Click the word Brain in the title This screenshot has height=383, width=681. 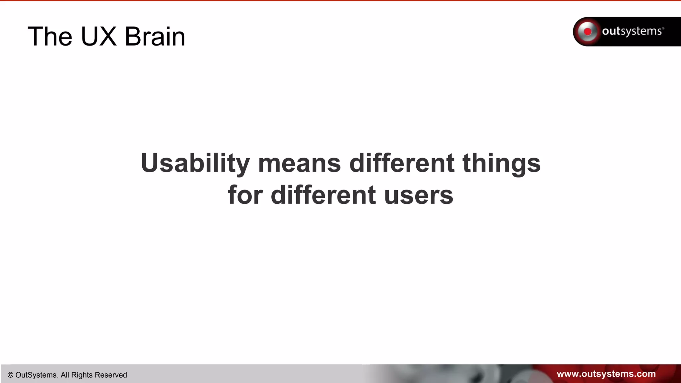click(x=155, y=37)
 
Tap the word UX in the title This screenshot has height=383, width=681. click(x=99, y=37)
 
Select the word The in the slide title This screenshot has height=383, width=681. click(x=50, y=37)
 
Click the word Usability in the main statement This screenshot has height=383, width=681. click(x=195, y=163)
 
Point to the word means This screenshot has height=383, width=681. click(x=299, y=164)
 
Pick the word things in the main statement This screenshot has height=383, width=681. click(x=501, y=163)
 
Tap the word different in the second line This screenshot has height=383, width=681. click(x=323, y=195)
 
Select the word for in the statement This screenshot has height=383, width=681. click(x=245, y=195)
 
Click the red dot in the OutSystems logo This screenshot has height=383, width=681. click(x=588, y=32)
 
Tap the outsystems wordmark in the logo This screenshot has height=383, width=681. click(x=631, y=31)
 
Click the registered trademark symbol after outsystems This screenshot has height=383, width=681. click(x=663, y=28)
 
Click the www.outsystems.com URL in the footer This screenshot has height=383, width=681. click(x=606, y=374)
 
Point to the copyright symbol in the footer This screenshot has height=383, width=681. click(x=10, y=375)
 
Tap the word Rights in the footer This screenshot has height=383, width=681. click(x=82, y=375)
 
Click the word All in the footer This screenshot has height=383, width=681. click(x=65, y=375)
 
